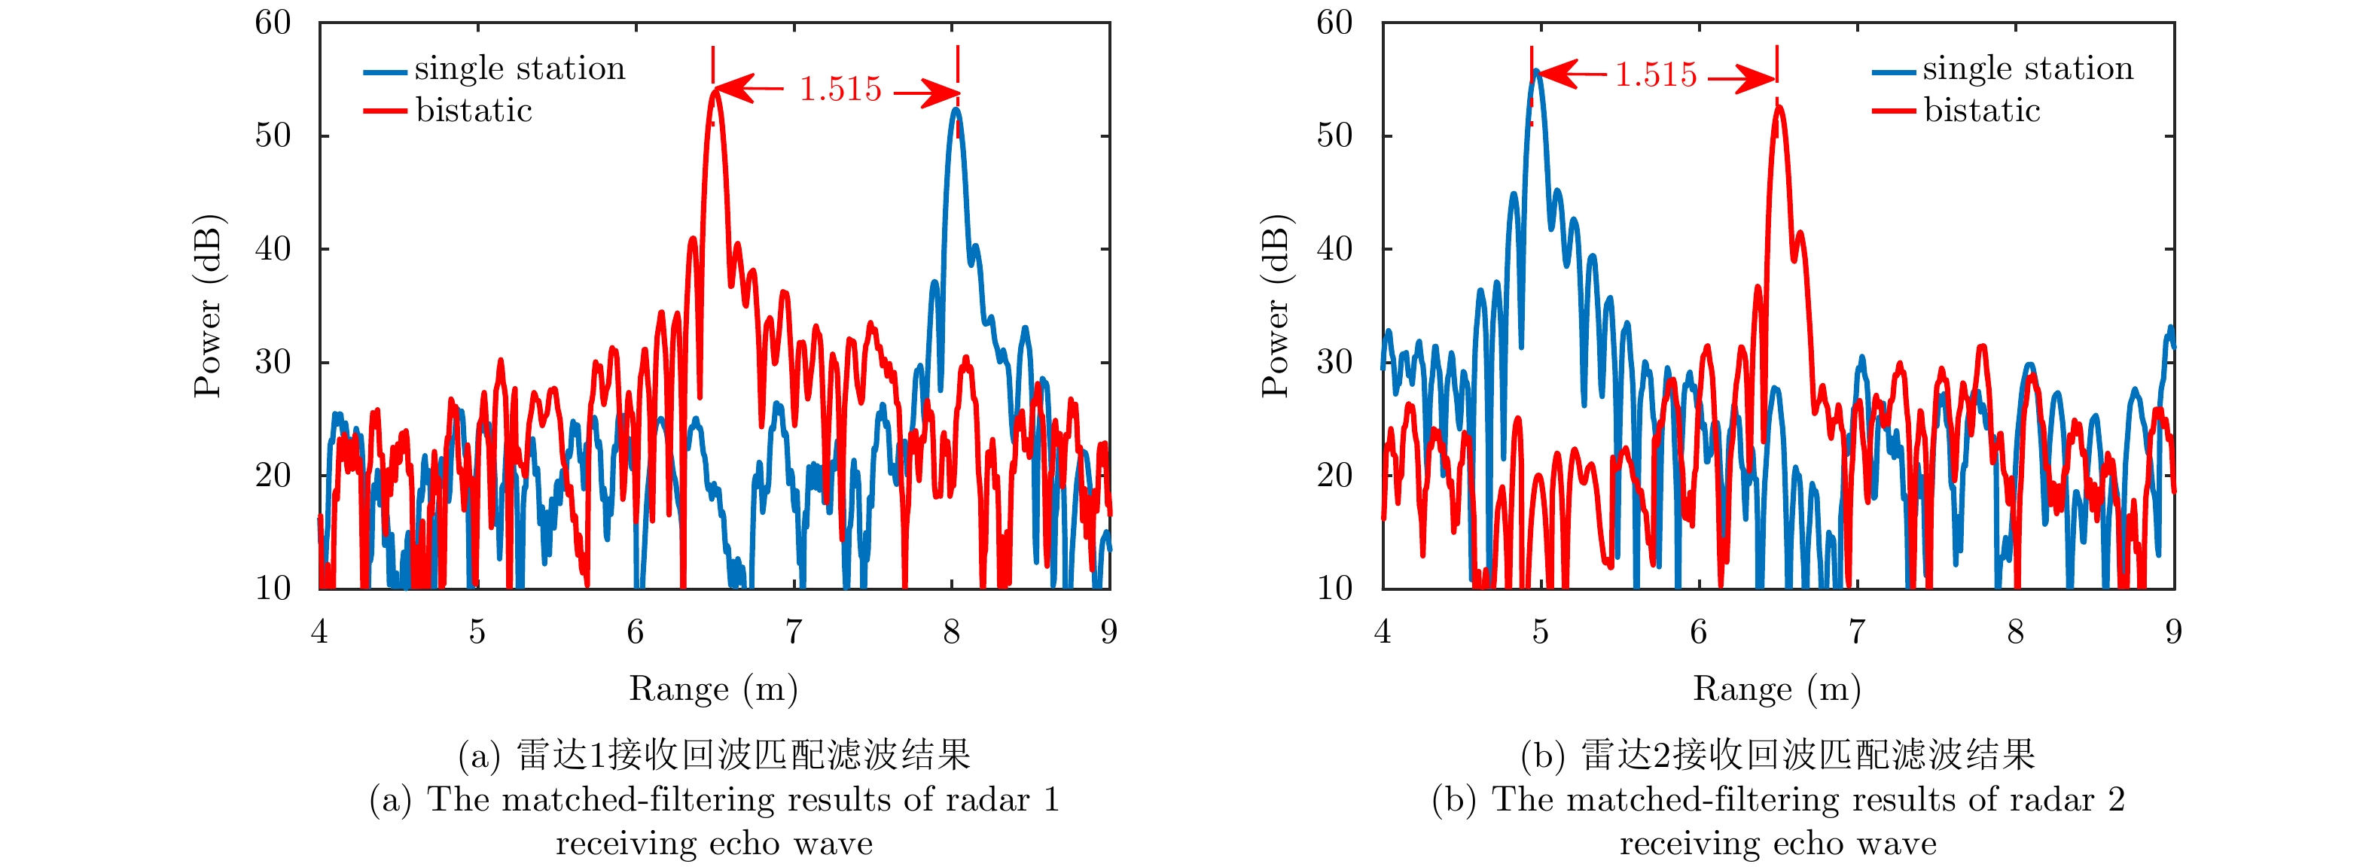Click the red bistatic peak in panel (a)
tap(715, 90)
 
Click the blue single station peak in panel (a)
tap(957, 111)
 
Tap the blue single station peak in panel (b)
tap(1536, 71)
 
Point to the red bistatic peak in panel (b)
tap(1778, 108)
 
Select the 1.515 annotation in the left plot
tap(840, 90)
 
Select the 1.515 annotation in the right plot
tap(1656, 75)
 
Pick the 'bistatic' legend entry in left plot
tap(474, 111)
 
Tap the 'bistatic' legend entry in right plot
tap(1982, 111)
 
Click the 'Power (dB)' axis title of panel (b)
tap(1276, 306)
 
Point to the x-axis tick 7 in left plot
tap(793, 632)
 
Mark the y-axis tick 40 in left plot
tap(273, 248)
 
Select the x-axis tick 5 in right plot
tap(1541, 632)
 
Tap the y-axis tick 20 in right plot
tap(1335, 476)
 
